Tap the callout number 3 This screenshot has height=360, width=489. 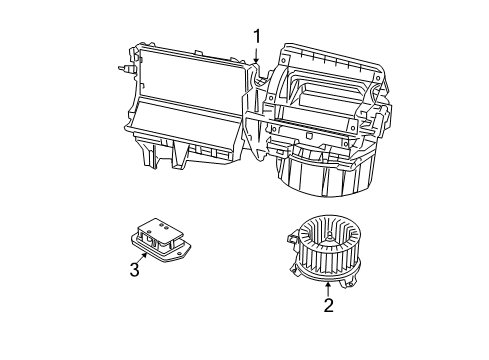click(132, 267)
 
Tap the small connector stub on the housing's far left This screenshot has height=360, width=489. click(124, 70)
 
